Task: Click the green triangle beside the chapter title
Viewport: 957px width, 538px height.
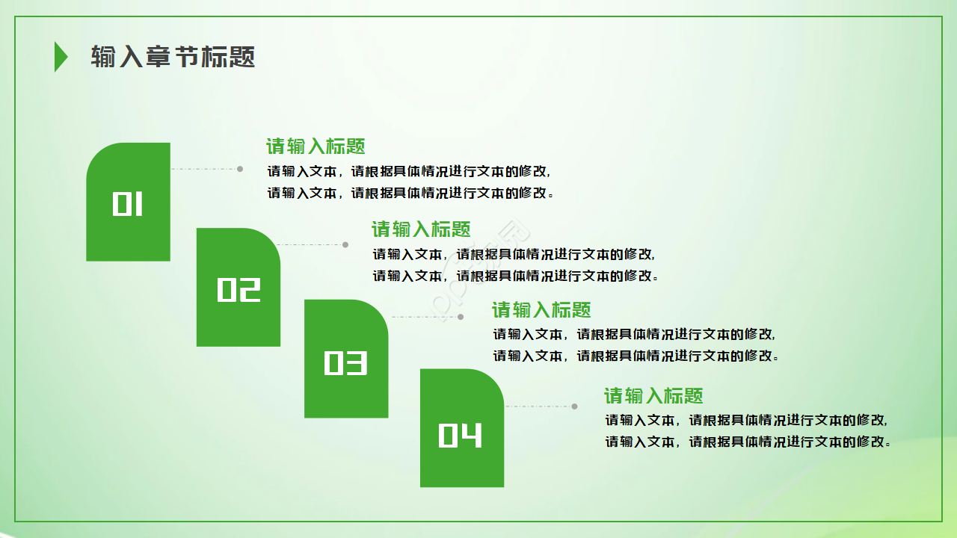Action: coord(60,57)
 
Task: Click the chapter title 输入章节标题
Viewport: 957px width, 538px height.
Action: coord(173,57)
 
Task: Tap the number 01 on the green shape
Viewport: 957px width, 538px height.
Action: coord(128,204)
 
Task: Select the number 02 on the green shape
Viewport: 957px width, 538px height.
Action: coord(239,289)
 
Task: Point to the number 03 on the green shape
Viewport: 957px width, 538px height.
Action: coord(345,362)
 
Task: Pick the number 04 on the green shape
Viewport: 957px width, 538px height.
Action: coord(461,435)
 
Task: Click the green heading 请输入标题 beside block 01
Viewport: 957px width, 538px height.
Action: coord(316,146)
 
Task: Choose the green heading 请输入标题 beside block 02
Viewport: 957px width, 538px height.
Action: coord(421,229)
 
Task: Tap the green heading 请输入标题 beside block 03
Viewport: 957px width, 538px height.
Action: coord(541,310)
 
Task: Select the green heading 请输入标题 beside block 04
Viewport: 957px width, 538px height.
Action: coord(653,396)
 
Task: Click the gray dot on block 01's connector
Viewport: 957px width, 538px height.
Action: coord(240,169)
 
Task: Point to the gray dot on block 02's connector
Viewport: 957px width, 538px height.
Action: coord(345,244)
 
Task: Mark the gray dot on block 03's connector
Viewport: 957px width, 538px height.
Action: coord(461,317)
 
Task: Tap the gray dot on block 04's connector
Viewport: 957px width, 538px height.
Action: coord(574,406)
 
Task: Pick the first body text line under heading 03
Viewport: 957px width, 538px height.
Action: coord(634,334)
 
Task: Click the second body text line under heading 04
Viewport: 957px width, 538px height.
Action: coord(748,442)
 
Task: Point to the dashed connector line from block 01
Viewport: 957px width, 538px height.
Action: coord(203,169)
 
